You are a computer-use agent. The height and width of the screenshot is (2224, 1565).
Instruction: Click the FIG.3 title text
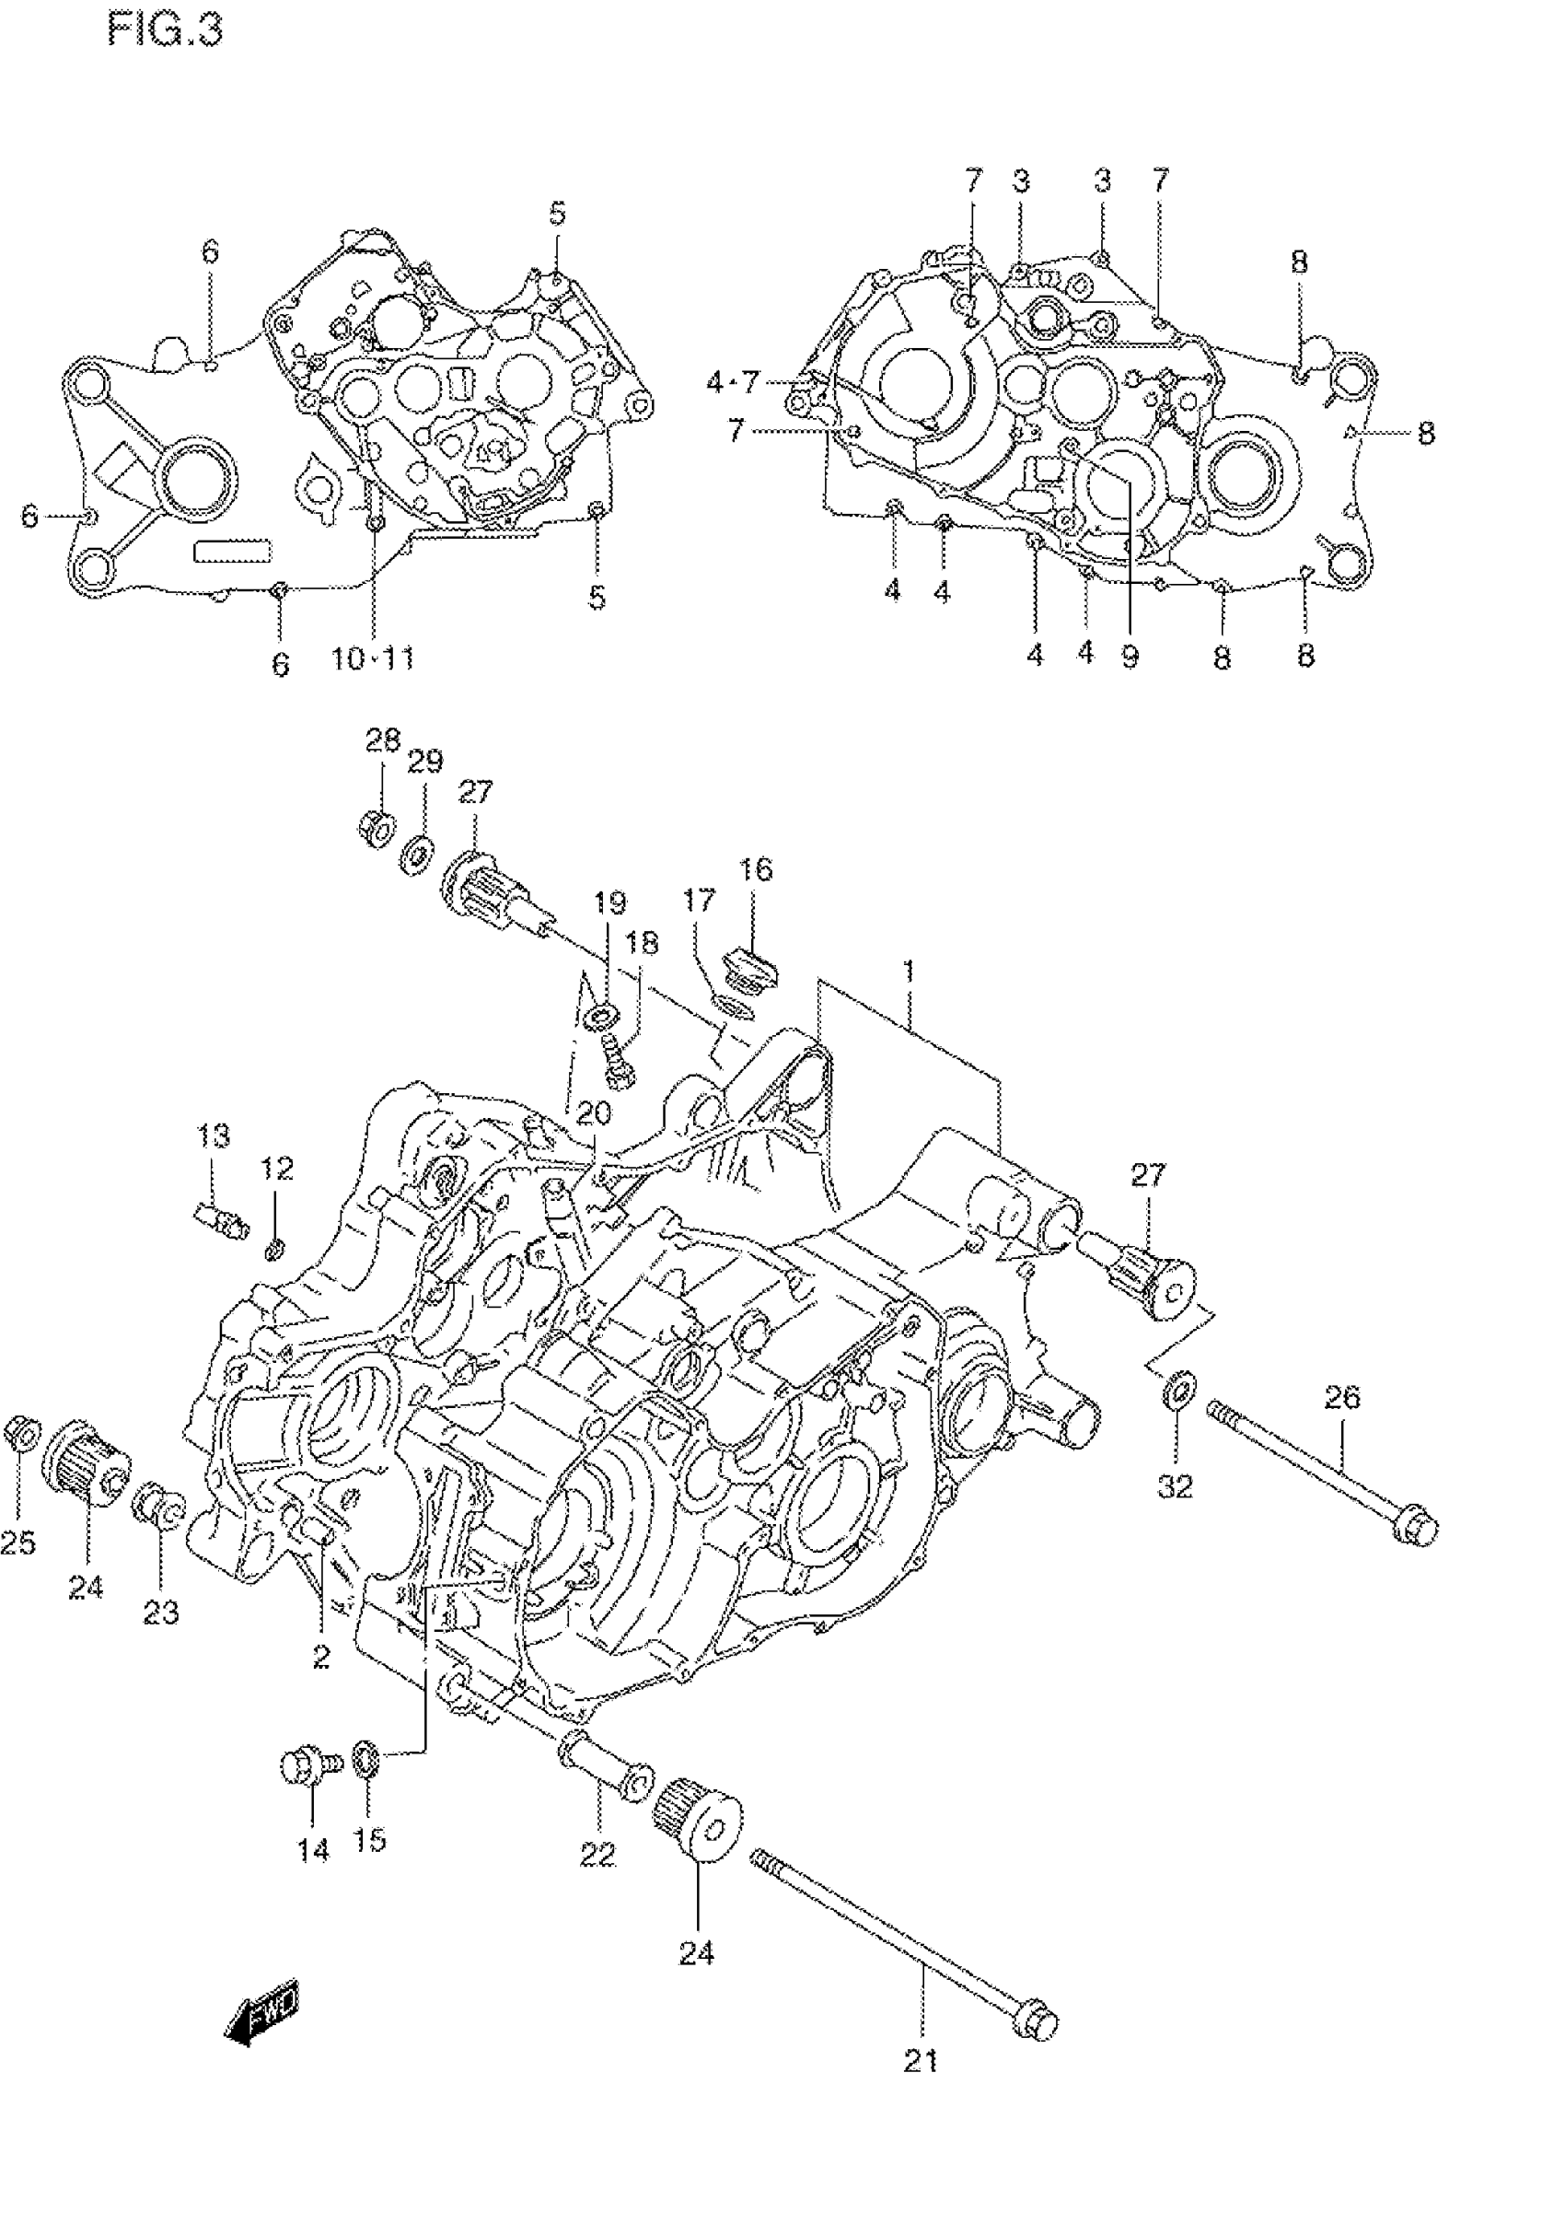pyautogui.click(x=165, y=30)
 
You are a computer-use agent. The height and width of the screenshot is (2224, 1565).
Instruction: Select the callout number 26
pyautogui.click(x=1342, y=1397)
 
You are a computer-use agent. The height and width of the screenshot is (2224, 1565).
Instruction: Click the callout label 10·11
pyautogui.click(x=373, y=659)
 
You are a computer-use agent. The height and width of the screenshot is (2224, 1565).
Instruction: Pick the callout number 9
pyautogui.click(x=1130, y=657)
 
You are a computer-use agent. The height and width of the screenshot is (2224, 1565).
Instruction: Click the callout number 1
pyautogui.click(x=909, y=971)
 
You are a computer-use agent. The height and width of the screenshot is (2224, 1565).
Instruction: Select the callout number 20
pyautogui.click(x=594, y=1113)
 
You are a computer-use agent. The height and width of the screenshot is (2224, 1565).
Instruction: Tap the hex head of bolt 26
pyautogui.click(x=1417, y=1531)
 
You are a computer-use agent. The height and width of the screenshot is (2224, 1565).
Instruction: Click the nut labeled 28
pyautogui.click(x=377, y=827)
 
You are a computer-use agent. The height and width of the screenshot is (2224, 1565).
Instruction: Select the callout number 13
pyautogui.click(x=213, y=1135)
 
